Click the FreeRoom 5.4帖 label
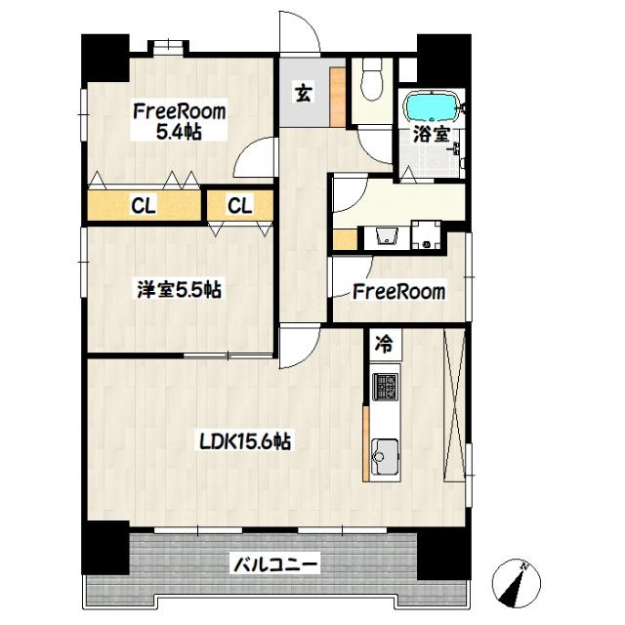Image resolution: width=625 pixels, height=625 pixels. click(x=180, y=122)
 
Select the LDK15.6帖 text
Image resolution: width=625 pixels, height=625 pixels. click(x=244, y=441)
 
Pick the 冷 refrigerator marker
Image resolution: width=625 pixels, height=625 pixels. click(x=385, y=344)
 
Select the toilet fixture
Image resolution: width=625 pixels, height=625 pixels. click(x=370, y=82)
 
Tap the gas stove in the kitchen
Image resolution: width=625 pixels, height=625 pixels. click(x=384, y=386)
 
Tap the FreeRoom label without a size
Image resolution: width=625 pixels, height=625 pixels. click(x=398, y=291)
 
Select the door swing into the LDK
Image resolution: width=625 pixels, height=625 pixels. click(x=298, y=348)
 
